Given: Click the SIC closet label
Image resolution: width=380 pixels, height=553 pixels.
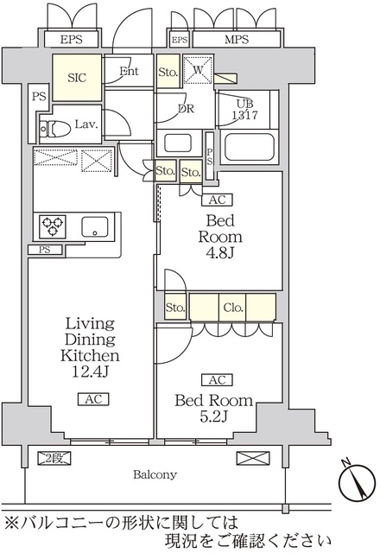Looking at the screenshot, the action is pyautogui.click(x=77, y=77).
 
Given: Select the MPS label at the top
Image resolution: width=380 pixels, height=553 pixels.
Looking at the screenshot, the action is pyautogui.click(x=237, y=39).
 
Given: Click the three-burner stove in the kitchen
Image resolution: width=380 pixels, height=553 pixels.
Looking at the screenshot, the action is pyautogui.click(x=53, y=226).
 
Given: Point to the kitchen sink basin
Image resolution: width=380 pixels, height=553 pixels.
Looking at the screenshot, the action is pyautogui.click(x=95, y=226).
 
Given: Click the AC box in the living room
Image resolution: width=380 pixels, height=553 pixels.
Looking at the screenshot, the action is pyautogui.click(x=93, y=399).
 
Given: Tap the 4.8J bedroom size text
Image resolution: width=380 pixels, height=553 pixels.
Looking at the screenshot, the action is pyautogui.click(x=220, y=253).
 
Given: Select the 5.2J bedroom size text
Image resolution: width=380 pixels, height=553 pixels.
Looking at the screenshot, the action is pyautogui.click(x=214, y=416).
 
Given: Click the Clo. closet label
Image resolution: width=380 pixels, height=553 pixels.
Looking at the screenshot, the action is pyautogui.click(x=233, y=308).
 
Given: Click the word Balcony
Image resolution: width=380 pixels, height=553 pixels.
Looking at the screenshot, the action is pyautogui.click(x=155, y=474).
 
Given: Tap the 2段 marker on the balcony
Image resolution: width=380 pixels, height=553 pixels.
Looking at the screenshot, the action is pyautogui.click(x=54, y=458).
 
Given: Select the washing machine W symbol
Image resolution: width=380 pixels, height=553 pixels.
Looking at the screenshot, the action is pyautogui.click(x=198, y=69).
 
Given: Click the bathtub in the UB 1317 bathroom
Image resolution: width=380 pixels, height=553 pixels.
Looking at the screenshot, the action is pyautogui.click(x=249, y=147).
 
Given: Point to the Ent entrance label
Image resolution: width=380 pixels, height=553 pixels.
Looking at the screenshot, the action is pyautogui.click(x=129, y=71).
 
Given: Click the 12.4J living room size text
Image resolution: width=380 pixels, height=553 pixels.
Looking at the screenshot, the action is pyautogui.click(x=90, y=372).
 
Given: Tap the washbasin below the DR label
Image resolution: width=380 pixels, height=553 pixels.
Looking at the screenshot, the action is pyautogui.click(x=179, y=143).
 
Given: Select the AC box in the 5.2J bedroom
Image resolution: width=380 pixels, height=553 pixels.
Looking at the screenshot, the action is pyautogui.click(x=217, y=380).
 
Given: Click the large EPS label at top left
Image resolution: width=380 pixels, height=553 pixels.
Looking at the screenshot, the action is pyautogui.click(x=71, y=39).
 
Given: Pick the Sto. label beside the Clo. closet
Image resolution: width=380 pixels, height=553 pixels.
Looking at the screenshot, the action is pyautogui.click(x=175, y=308).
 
